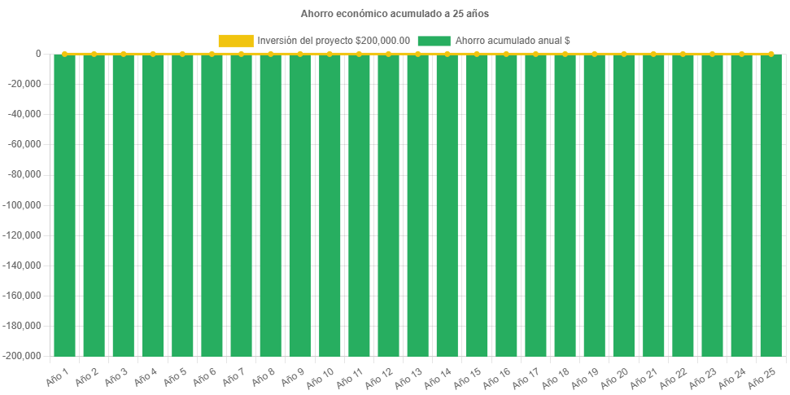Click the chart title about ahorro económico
tap(395, 14)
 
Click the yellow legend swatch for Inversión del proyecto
tap(235, 41)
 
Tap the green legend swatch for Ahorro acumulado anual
tap(433, 41)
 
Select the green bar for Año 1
tap(64, 204)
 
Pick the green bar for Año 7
tap(241, 204)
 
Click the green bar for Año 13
tap(417, 204)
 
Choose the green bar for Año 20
tap(623, 204)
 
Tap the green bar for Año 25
tap(770, 204)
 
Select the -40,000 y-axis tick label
tap(27, 114)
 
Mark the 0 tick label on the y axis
tap(38, 54)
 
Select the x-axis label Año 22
tap(674, 377)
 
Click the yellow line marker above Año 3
tap(123, 54)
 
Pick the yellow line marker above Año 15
tap(476, 54)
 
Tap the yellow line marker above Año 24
tap(741, 54)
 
